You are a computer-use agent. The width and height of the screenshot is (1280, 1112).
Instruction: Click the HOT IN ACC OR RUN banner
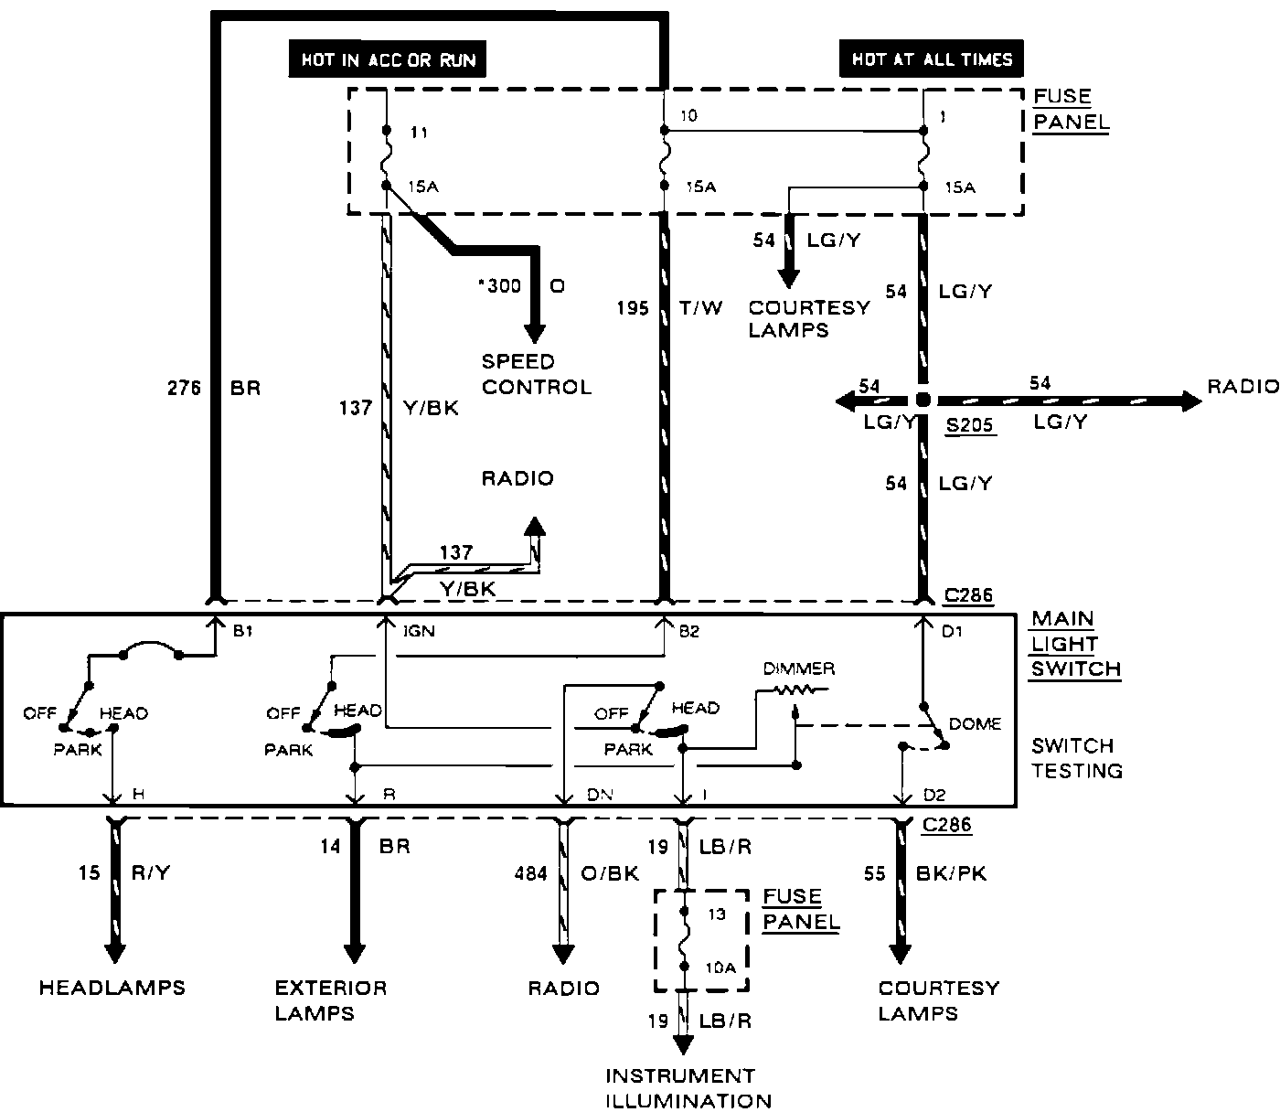click(388, 59)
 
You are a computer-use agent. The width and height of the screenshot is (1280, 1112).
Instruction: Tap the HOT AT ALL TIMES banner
click(932, 59)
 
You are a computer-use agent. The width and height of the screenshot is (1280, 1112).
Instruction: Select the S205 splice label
click(969, 425)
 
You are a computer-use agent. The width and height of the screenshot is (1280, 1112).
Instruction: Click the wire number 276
click(184, 388)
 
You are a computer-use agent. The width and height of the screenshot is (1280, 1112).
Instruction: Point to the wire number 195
click(633, 308)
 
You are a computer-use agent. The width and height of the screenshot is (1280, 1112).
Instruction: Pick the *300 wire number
click(499, 286)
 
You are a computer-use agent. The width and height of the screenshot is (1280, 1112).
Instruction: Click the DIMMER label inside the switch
click(799, 668)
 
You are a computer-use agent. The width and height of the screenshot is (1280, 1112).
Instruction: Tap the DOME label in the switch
click(975, 724)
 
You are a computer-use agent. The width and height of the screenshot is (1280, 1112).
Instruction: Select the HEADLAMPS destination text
click(112, 988)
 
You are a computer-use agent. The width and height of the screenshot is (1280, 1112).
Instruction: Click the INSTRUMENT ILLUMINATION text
click(688, 1088)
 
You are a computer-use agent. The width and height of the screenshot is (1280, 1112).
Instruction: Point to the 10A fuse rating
click(720, 968)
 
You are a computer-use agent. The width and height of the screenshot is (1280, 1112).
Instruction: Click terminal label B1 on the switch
click(242, 631)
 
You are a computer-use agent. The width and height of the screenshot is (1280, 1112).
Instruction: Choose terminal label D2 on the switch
click(934, 795)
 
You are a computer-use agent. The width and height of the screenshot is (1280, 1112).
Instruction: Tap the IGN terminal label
click(419, 631)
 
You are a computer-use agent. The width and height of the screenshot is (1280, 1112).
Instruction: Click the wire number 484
click(530, 873)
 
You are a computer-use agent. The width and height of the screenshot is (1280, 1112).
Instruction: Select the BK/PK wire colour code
click(951, 873)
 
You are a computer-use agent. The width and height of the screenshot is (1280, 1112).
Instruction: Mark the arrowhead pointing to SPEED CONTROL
click(534, 334)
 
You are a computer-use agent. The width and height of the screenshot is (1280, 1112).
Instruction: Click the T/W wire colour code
click(700, 307)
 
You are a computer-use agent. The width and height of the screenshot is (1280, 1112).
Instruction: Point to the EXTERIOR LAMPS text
click(331, 1000)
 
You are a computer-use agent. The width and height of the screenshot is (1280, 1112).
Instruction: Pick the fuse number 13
click(716, 914)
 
